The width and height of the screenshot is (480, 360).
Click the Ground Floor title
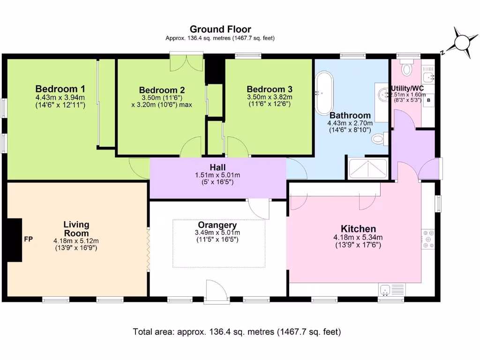coord(220,30)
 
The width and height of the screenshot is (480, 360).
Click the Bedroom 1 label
coord(60,89)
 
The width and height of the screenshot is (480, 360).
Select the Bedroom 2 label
coord(162,90)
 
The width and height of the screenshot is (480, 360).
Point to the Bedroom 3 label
coord(270,89)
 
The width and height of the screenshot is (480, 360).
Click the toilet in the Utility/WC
coord(406,68)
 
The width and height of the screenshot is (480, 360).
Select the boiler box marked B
coord(428,100)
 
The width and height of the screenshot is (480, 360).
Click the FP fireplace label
coord(28,240)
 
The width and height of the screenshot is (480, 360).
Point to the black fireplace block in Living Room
coord(16,240)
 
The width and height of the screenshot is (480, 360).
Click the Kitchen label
coord(358,229)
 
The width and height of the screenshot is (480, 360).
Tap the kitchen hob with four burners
coord(428,239)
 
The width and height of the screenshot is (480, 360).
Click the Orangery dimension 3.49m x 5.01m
coord(217,232)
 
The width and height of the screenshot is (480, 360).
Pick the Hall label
coord(217,167)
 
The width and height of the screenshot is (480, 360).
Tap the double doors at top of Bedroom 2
coord(187,62)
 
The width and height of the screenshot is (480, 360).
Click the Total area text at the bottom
coord(237,332)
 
